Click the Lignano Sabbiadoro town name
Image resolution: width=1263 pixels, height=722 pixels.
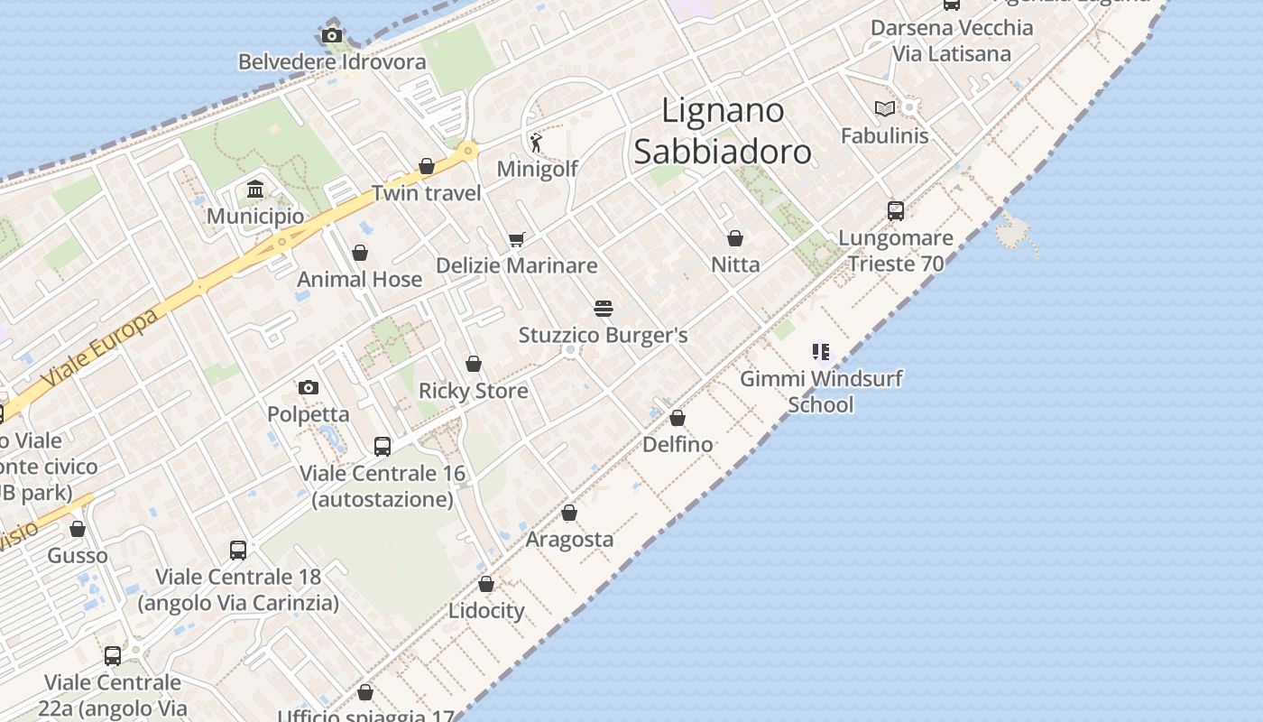tap(723, 131)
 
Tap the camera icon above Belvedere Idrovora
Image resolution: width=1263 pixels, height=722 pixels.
tap(332, 36)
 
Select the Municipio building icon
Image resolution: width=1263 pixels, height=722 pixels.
tap(255, 190)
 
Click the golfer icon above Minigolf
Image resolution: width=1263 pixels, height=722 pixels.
tap(537, 142)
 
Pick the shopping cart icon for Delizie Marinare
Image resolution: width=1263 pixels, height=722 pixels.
tap(516, 239)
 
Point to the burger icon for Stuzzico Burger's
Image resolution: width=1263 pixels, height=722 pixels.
tap(604, 309)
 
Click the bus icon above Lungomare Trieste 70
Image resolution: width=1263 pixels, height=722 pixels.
tap(895, 211)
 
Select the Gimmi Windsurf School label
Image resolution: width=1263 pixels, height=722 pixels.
tap(821, 391)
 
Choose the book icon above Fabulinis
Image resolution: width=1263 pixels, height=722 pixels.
tap(885, 109)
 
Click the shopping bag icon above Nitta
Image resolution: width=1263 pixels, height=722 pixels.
tap(735, 238)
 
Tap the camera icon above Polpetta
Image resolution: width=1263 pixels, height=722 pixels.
tap(309, 388)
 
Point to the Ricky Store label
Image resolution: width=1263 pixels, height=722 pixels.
tap(474, 391)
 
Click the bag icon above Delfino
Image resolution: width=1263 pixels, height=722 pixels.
tap(678, 418)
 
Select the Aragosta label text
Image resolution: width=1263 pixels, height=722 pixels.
tap(569, 540)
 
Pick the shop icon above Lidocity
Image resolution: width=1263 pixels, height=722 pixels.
tap(486, 584)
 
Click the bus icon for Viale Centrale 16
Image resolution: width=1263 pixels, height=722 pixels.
tap(383, 447)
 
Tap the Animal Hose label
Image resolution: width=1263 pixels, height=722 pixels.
tap(360, 279)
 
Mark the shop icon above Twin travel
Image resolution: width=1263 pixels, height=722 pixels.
tap(427, 166)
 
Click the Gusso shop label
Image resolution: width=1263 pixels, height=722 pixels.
tap(78, 555)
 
